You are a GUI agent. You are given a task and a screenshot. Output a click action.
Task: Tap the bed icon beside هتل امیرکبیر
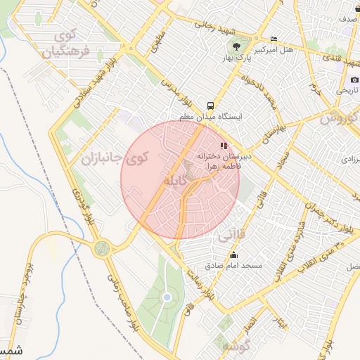coord(274,39)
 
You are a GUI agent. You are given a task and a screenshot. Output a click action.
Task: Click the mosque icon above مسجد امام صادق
coord(233,255)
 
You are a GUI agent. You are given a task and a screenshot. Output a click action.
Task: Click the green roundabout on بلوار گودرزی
coord(103,247)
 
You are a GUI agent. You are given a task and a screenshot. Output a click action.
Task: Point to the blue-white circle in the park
coord(167,297)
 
